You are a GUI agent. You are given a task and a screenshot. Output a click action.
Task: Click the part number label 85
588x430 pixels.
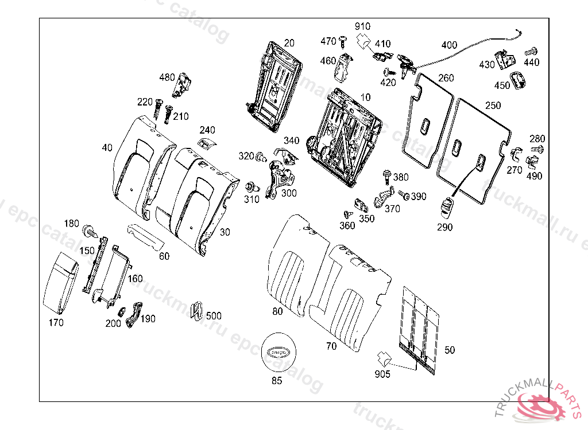point(277,380)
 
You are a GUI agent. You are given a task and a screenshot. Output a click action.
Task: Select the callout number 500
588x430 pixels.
point(214,316)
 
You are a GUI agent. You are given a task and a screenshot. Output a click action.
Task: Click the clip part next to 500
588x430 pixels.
point(196,310)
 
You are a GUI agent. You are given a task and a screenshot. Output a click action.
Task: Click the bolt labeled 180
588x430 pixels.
point(90,231)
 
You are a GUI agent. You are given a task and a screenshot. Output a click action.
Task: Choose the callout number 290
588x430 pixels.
point(444,227)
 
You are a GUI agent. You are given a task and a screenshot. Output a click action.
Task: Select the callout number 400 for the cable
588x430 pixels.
point(449,45)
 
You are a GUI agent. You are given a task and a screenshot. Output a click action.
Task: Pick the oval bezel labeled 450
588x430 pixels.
point(519,81)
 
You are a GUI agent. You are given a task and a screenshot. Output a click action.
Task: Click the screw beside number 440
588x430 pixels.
point(531,52)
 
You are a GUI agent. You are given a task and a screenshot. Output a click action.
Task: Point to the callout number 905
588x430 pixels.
point(382,374)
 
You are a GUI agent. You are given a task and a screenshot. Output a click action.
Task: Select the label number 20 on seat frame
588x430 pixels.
point(289,43)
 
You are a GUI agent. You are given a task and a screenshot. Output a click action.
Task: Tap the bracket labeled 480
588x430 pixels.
point(184,84)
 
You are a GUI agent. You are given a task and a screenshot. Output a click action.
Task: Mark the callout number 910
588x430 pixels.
point(362,26)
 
